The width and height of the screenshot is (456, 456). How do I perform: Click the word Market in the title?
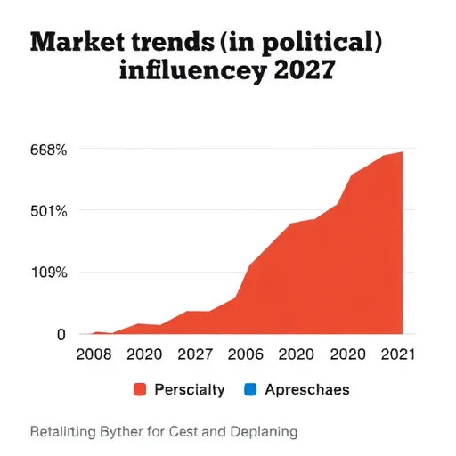point(77,42)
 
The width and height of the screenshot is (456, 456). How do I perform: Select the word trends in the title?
point(173,42)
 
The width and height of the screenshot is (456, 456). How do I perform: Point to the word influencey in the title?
point(192,70)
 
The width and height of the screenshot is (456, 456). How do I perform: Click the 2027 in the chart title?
point(305,69)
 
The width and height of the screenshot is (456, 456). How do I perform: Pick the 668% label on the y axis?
point(49,150)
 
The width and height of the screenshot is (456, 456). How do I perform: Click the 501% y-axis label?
point(49,211)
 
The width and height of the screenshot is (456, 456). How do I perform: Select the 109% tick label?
point(49,273)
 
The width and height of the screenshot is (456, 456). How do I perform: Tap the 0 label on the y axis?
point(61,335)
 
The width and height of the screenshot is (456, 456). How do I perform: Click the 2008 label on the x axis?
point(94,354)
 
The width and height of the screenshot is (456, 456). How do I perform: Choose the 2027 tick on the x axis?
point(195,354)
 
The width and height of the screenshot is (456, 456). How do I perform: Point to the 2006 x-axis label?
point(246,354)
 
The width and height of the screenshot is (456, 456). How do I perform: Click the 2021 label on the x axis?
point(398,354)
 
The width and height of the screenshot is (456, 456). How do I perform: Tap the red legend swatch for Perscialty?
point(140,389)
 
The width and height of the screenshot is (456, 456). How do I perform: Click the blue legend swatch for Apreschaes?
point(250,389)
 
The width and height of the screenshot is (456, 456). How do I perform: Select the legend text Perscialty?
point(190,390)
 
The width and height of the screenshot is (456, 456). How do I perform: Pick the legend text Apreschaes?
point(307,390)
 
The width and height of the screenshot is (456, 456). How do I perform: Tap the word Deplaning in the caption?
point(264,432)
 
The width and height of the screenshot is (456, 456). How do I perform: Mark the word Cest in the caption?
point(183,432)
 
